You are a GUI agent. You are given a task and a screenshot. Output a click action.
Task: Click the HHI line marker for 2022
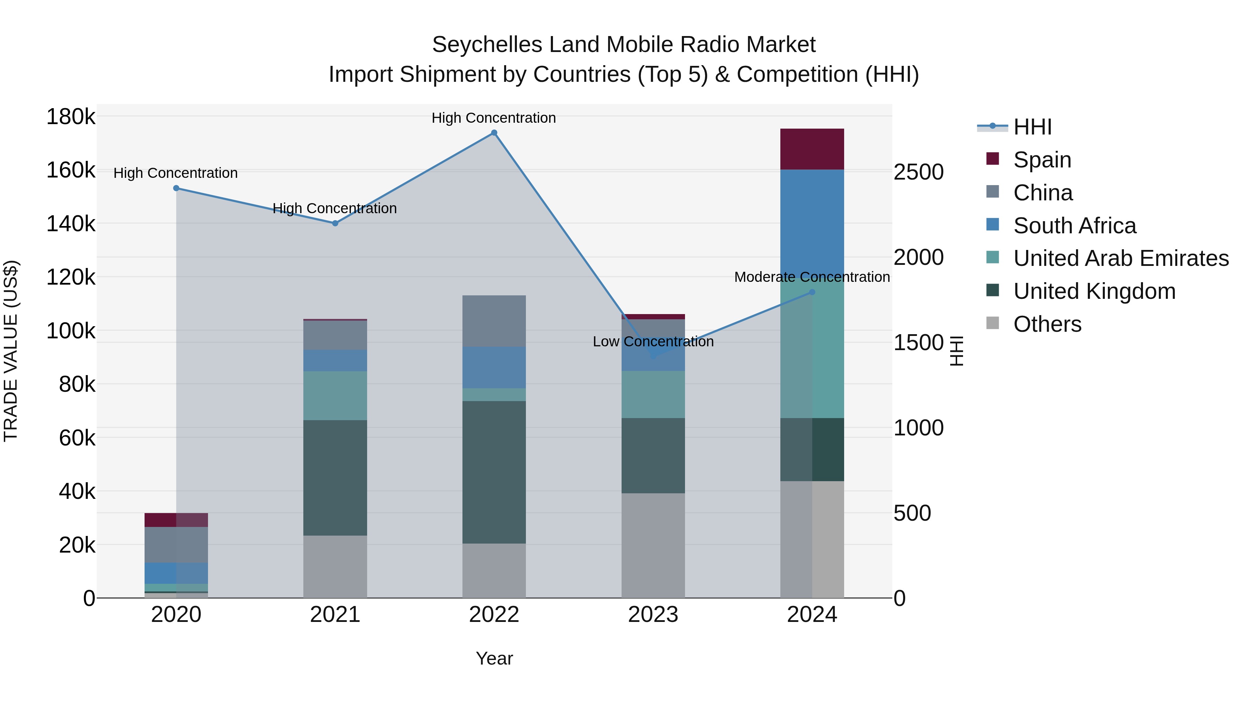pos(494,133)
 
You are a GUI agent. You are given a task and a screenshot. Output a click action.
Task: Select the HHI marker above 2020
pos(176,189)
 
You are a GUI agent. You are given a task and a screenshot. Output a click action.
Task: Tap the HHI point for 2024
pos(812,292)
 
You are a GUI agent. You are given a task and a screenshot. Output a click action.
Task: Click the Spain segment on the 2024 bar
pos(812,149)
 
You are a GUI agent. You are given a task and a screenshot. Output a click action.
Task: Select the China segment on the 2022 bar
pos(494,321)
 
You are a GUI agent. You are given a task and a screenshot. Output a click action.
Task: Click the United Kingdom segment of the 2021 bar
pos(335,477)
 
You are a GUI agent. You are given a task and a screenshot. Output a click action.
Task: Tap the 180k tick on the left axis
pos(71,117)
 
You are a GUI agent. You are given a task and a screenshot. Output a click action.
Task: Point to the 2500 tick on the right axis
pos(918,172)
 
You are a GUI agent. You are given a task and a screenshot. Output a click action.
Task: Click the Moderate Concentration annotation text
pos(812,277)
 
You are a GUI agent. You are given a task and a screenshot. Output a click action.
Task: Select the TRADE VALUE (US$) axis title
pos(11,351)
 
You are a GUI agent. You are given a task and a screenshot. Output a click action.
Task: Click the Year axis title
pos(494,658)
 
